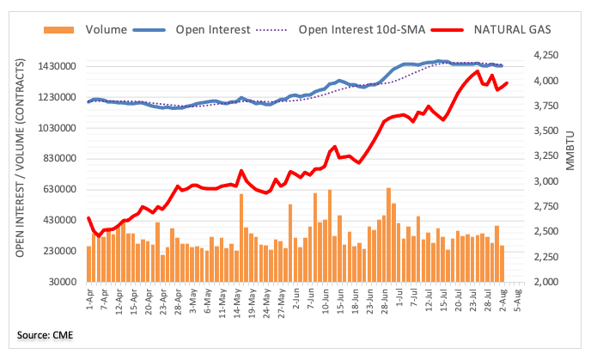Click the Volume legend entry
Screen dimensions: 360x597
click(105, 29)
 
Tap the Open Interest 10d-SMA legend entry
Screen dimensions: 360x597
click(360, 29)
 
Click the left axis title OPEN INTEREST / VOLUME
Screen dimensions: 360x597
click(20, 163)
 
